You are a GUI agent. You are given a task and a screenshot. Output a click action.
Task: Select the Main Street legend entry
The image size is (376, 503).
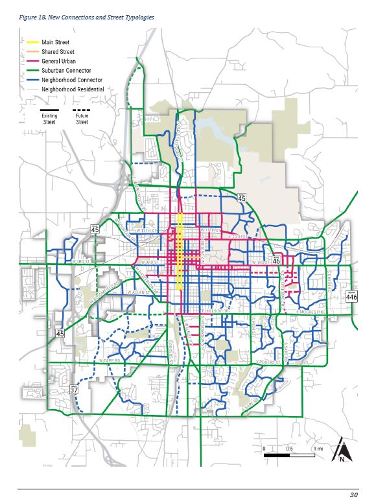click(54, 42)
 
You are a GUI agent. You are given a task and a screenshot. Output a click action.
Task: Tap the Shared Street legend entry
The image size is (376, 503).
click(57, 51)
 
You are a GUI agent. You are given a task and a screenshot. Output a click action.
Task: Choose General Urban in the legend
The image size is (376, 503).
click(58, 61)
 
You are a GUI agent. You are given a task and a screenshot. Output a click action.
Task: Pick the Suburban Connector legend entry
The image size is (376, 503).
click(65, 70)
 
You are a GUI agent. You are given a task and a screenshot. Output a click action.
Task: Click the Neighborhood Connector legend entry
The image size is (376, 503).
click(71, 80)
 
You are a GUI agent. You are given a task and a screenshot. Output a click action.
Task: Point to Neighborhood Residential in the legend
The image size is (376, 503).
click(72, 89)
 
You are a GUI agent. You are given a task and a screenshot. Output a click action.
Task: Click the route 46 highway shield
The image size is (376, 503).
click(276, 261)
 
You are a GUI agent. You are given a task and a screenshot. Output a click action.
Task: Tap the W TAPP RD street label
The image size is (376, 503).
click(110, 359)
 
